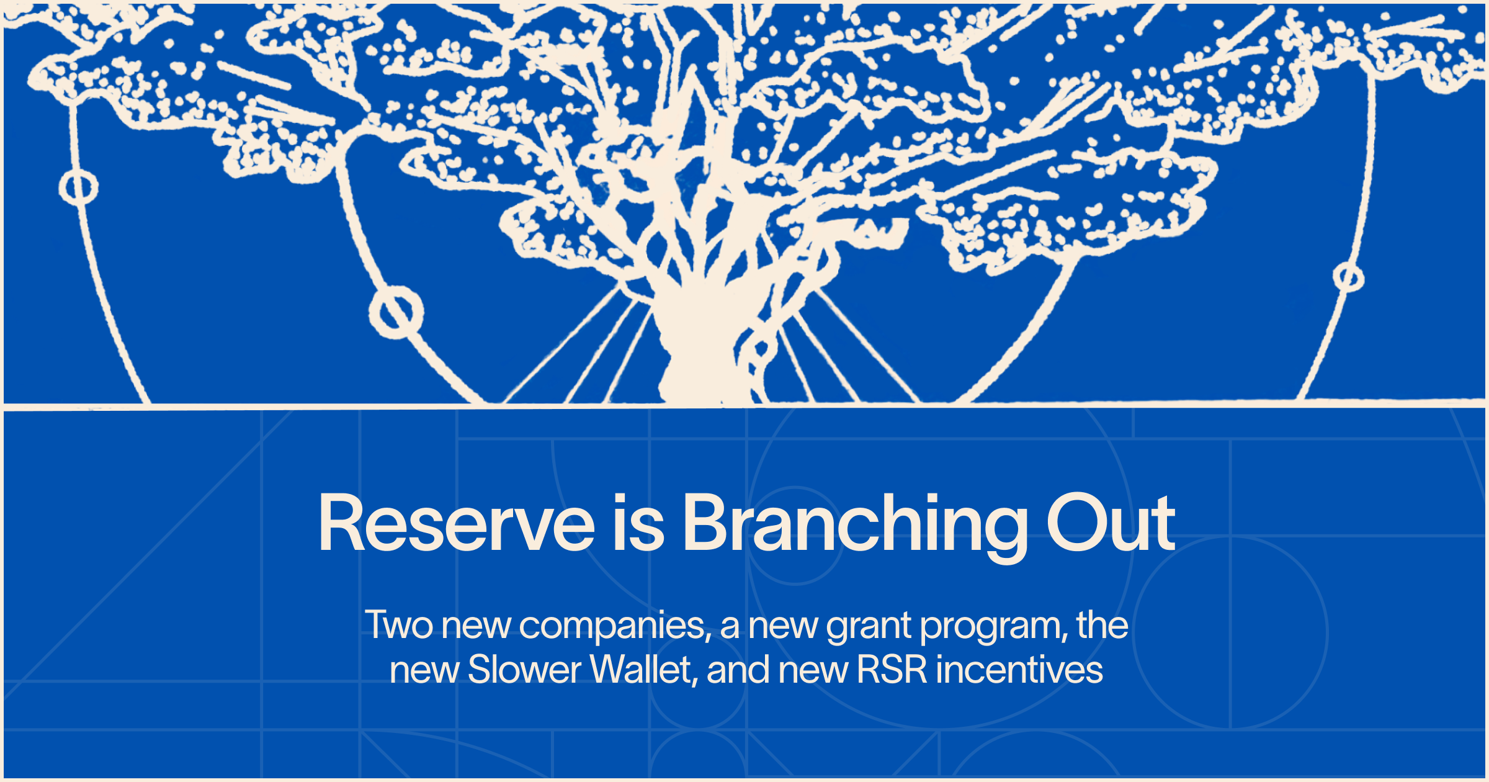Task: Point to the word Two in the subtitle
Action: point(398,625)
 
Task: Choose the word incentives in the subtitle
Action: point(1019,670)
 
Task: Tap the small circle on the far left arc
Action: point(78,187)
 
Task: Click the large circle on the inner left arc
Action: point(396,312)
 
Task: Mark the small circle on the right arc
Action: point(1348,277)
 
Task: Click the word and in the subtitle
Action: point(738,670)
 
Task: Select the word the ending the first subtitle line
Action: point(1102,625)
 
